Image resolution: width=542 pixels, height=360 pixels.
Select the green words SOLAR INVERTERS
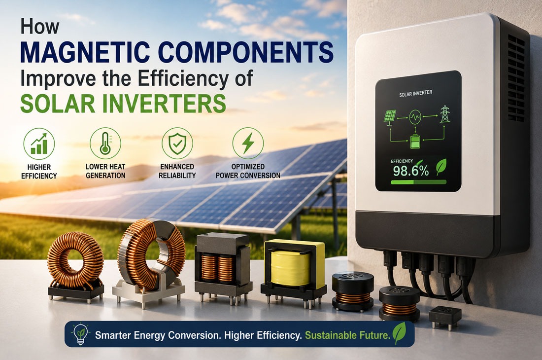point(123,103)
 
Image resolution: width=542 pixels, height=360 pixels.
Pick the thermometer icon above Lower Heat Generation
point(105,143)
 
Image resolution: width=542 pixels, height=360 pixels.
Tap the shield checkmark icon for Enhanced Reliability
point(177,143)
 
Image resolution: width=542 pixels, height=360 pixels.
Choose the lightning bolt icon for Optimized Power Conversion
point(248,143)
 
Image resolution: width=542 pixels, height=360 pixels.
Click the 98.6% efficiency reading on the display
point(410,171)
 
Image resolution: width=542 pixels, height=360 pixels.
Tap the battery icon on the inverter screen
point(414,142)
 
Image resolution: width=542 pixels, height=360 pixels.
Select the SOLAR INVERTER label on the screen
point(415,94)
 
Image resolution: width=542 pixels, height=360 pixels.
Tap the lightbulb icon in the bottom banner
point(80,334)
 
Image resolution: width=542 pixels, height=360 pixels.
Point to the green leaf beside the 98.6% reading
point(440,167)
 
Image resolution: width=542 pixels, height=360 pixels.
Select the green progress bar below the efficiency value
point(418,182)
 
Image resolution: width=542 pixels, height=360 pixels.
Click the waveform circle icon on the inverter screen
point(415,117)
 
